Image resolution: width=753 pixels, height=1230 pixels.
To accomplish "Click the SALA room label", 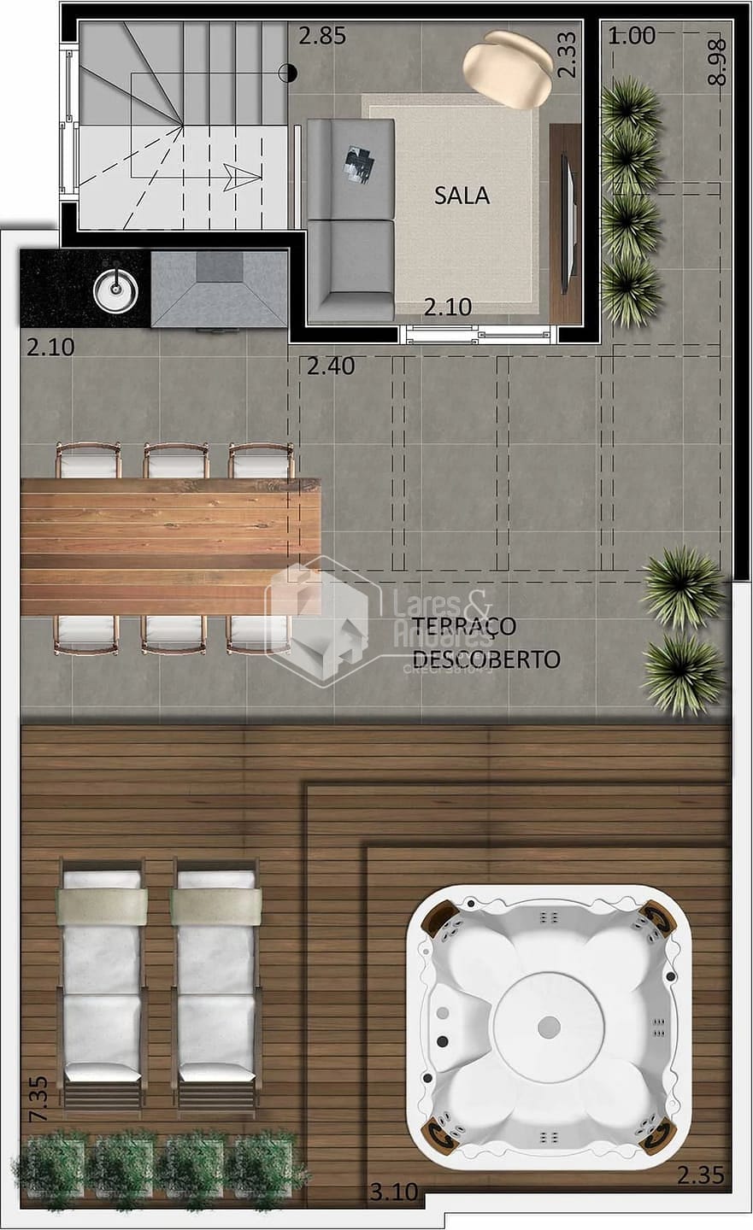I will click(462, 196).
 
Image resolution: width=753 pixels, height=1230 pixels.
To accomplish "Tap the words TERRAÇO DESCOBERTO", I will click(485, 642).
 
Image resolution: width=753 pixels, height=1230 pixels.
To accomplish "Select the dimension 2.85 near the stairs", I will click(322, 36).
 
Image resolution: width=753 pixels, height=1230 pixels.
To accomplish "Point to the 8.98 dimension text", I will click(717, 61).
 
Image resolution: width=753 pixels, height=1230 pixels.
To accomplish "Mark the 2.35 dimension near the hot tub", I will click(700, 1175).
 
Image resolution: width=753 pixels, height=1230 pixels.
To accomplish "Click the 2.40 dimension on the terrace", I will click(330, 366).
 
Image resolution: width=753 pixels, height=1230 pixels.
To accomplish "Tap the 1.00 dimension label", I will click(632, 36).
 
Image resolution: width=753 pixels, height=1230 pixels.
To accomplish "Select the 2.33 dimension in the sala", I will click(567, 56).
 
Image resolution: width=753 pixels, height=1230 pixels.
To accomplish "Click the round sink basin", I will click(115, 290).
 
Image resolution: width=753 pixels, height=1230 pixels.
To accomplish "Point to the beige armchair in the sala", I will click(508, 69).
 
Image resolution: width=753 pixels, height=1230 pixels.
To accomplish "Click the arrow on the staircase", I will click(244, 178).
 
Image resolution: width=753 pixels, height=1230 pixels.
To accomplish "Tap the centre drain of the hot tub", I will click(550, 1024).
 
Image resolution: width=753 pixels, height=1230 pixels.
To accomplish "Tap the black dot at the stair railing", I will click(291, 74).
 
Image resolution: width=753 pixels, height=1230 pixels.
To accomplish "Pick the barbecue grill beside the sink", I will click(220, 288).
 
